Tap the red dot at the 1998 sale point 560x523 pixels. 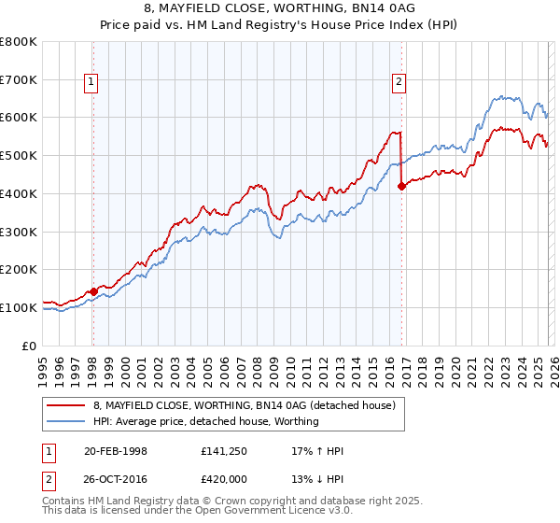(x=93, y=291)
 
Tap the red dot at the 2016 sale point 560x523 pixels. (x=402, y=186)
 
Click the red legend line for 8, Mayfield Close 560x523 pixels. (x=67, y=405)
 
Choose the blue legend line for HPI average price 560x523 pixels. (x=67, y=421)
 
